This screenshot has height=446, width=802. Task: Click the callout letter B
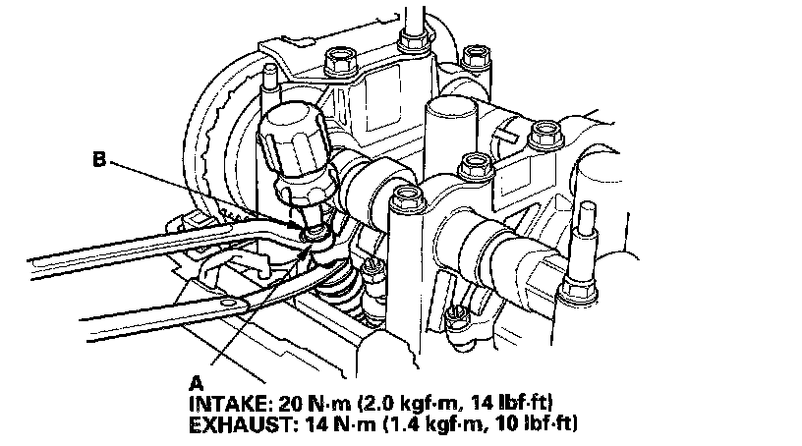click(x=99, y=159)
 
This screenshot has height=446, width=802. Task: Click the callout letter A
click(x=197, y=383)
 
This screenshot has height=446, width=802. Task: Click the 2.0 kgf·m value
click(x=408, y=404)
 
